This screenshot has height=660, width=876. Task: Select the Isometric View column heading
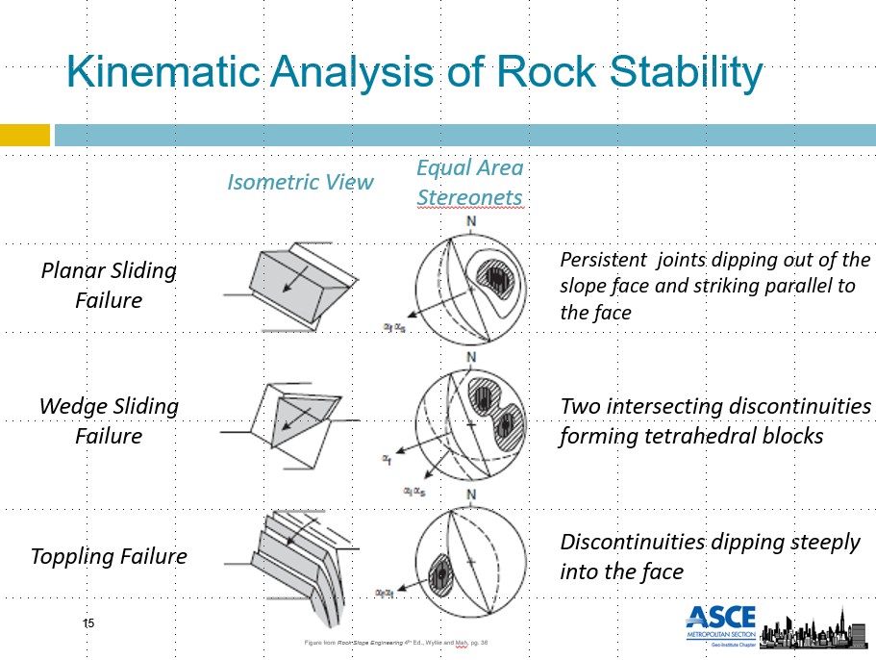pyautogui.click(x=300, y=182)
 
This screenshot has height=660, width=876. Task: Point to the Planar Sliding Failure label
pyautogui.click(x=109, y=285)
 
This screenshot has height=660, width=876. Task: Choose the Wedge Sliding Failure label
pyautogui.click(x=109, y=420)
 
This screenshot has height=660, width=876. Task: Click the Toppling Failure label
pyautogui.click(x=109, y=556)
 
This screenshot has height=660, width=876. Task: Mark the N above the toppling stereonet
pyautogui.click(x=471, y=496)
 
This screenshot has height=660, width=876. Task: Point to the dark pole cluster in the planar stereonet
pyautogui.click(x=496, y=278)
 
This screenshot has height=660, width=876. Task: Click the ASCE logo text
pyautogui.click(x=721, y=618)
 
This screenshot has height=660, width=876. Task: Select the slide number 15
pyautogui.click(x=88, y=624)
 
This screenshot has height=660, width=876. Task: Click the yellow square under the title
pyautogui.click(x=24, y=135)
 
